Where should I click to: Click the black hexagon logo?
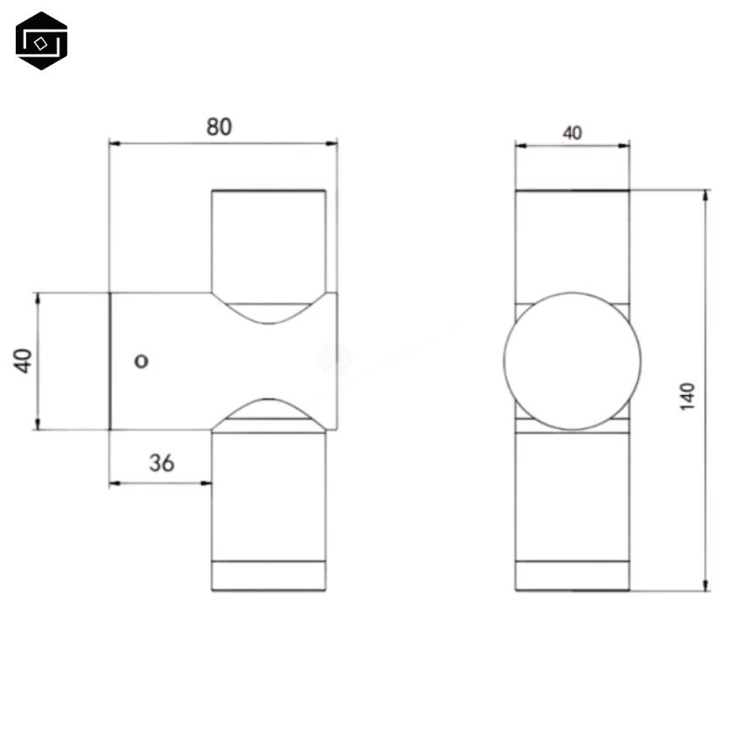41,40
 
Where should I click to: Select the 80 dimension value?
219,126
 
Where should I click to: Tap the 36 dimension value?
161,463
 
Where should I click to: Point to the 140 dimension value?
687,396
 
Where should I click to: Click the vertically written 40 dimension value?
24,360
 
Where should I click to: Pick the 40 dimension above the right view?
572,133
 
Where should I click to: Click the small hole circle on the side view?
142,360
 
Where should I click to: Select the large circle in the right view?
572,361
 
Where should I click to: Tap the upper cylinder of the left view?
269,240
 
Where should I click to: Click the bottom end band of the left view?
269,576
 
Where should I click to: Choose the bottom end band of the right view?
572,576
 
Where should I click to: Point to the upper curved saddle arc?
269,314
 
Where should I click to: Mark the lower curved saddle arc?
269,409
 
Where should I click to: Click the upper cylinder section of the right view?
572,245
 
